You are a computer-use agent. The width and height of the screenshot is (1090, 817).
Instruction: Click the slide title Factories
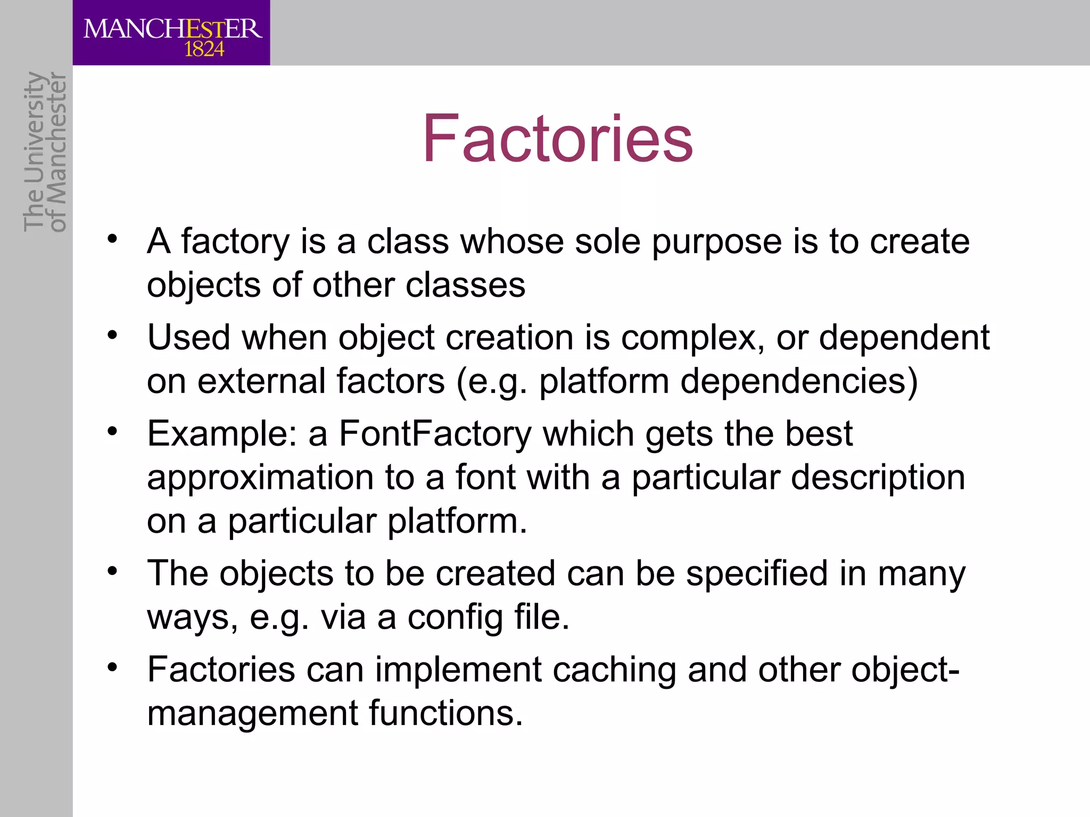(557, 139)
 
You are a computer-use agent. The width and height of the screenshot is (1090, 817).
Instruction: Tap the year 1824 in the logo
(204, 49)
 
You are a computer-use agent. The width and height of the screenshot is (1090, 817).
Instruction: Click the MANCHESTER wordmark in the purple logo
(172, 29)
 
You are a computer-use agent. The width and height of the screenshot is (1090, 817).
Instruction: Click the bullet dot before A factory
(112, 239)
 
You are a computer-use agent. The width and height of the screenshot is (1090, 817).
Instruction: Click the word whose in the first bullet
(511, 241)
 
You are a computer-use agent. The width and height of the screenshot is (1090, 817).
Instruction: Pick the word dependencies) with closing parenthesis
(799, 382)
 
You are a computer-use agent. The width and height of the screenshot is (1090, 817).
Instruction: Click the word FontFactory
(435, 434)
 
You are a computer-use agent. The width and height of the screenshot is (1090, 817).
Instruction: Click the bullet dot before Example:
(112, 431)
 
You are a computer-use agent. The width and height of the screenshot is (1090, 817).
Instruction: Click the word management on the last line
(252, 714)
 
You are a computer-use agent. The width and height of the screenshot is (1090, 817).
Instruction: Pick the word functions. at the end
(446, 713)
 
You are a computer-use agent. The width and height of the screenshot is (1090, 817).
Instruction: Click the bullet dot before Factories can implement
(112, 667)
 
